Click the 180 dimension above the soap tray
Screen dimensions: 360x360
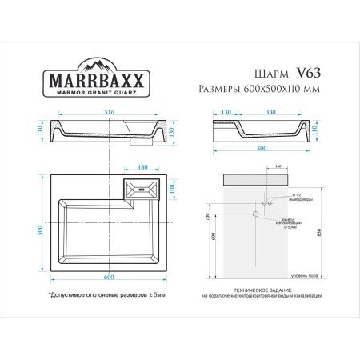[142, 168]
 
